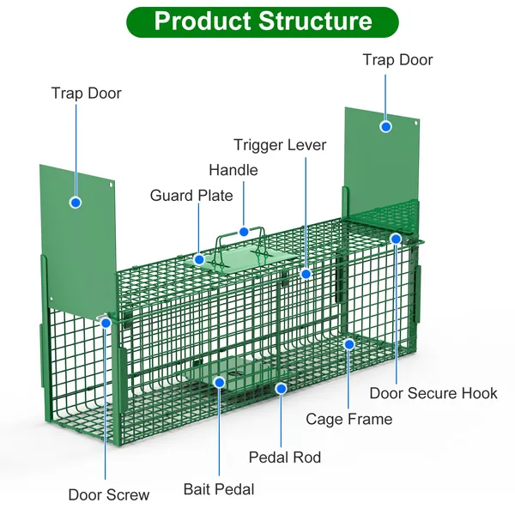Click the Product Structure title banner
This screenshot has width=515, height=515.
click(x=263, y=21)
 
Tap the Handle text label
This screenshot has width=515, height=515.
click(x=233, y=170)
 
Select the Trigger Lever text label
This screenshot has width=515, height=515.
click(x=280, y=145)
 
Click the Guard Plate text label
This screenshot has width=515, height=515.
click(x=191, y=196)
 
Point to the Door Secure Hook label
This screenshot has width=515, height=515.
click(x=433, y=393)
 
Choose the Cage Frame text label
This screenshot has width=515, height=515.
click(x=349, y=419)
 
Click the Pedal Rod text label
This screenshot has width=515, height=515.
click(x=285, y=457)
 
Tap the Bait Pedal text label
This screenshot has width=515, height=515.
click(x=219, y=489)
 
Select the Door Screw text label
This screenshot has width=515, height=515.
click(x=109, y=494)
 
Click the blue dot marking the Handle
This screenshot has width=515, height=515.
click(x=245, y=231)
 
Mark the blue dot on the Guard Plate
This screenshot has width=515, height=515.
click(x=199, y=258)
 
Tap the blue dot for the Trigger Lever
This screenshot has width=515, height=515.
click(x=306, y=274)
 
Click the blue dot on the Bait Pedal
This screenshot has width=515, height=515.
click(x=220, y=381)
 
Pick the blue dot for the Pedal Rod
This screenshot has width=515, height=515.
click(x=281, y=388)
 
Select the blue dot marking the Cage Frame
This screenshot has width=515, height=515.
click(x=349, y=344)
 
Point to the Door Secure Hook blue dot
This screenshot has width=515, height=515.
click(x=396, y=238)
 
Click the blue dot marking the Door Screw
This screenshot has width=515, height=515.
click(x=106, y=323)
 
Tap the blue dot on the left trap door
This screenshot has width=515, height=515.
click(x=76, y=203)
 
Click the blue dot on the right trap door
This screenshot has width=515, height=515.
click(x=386, y=126)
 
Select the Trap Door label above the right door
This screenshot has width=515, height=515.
click(x=397, y=60)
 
